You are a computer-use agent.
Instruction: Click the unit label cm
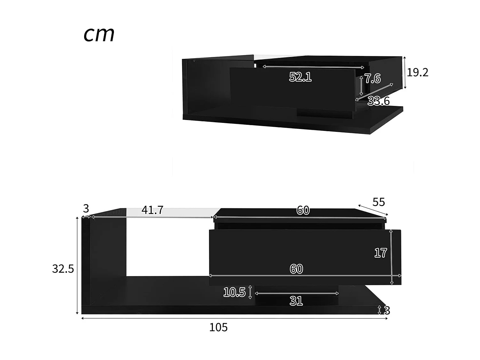99,34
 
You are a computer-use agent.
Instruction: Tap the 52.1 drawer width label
300,77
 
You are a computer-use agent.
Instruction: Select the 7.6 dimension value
373,78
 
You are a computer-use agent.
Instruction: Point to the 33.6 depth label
379,101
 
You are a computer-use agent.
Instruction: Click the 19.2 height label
417,72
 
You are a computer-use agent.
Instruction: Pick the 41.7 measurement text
152,210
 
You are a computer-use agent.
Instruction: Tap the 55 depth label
379,202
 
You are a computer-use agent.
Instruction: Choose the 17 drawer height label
381,253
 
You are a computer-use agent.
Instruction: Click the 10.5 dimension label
234,292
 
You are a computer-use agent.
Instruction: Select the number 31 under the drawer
296,301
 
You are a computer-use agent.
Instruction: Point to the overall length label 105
218,327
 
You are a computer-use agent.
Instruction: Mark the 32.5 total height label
63,269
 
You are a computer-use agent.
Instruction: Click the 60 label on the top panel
303,210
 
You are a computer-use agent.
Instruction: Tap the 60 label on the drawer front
296,269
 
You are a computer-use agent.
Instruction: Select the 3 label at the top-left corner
86,209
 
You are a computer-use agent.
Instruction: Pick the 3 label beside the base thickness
387,310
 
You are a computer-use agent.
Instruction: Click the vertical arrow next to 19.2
405,72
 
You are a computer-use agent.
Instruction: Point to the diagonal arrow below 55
373,210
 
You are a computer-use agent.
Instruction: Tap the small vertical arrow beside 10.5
250,292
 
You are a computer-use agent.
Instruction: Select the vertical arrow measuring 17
391,257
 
